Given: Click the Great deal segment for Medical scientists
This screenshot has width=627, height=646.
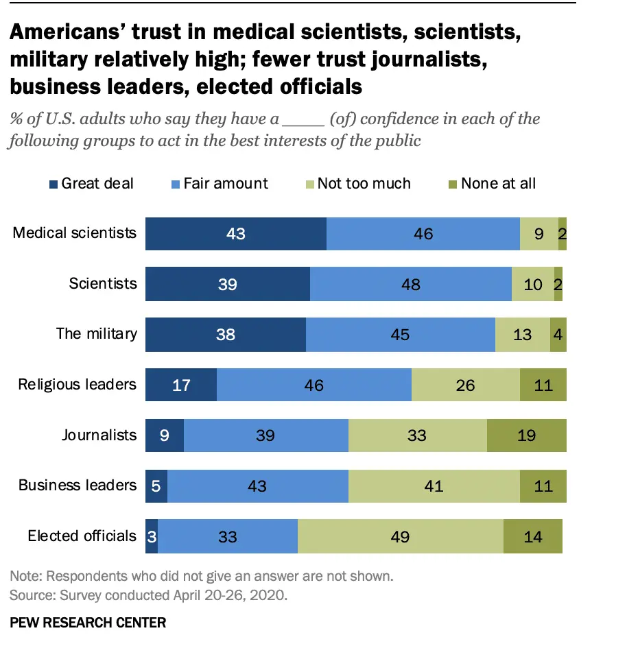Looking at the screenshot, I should (x=235, y=234).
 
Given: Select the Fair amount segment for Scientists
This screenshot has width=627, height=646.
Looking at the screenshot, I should (x=410, y=284).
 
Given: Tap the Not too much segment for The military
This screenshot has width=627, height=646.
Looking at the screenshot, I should (x=522, y=335).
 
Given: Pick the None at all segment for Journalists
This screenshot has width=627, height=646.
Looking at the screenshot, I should (x=526, y=435).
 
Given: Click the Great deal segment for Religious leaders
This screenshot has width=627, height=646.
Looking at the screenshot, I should (x=181, y=385).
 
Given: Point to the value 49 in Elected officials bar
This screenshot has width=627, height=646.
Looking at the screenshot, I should (x=400, y=536).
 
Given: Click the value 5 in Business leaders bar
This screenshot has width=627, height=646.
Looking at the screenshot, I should (x=156, y=486).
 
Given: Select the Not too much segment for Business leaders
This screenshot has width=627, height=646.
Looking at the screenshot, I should (x=434, y=486).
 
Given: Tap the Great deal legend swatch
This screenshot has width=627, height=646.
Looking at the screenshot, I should (x=53, y=184).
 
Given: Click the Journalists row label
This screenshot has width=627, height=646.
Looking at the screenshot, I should (x=99, y=435).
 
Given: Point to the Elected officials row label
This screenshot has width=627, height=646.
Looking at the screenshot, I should (x=82, y=536).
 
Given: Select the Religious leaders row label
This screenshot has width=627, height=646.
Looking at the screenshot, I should (x=77, y=384).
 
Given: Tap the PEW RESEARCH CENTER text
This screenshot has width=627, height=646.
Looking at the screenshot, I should (x=88, y=623).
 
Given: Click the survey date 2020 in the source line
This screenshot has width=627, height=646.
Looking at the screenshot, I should (x=272, y=595).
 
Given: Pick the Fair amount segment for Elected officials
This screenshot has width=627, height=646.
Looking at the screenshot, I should (x=228, y=536).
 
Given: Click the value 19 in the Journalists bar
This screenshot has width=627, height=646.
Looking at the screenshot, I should (x=526, y=435).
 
